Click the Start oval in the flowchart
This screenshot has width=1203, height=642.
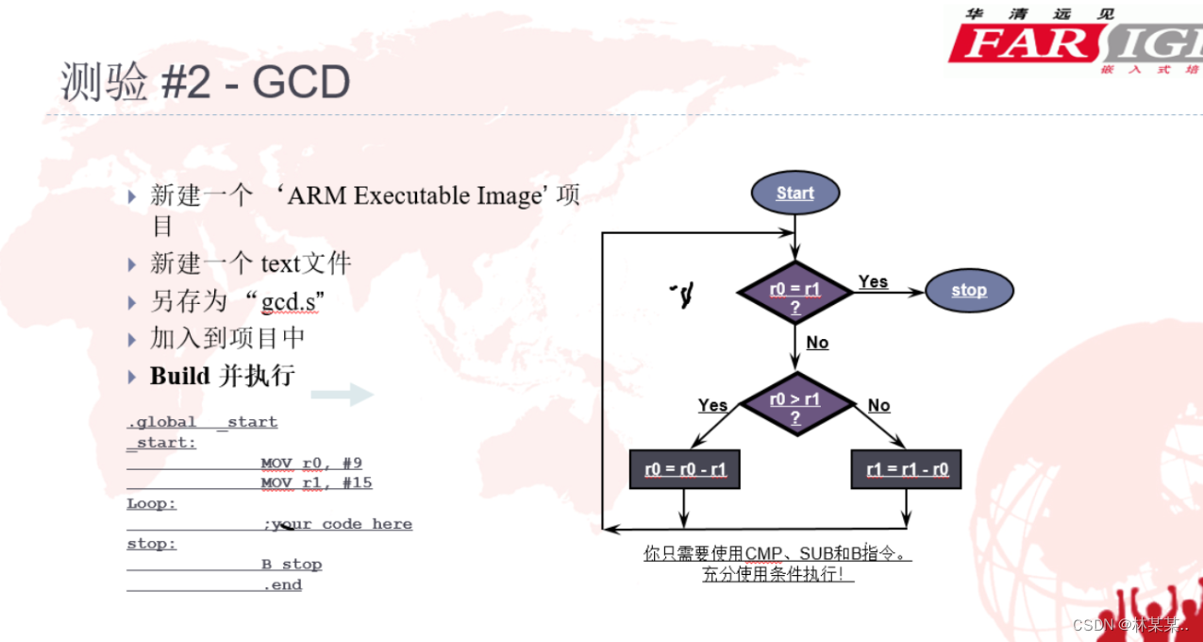(x=794, y=193)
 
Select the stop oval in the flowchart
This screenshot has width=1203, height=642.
(x=968, y=290)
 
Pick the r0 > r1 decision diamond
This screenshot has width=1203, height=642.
(x=795, y=407)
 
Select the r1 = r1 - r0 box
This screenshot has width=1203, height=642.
(x=906, y=468)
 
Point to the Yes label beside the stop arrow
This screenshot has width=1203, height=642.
(x=873, y=281)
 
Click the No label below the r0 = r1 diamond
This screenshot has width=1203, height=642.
(x=817, y=342)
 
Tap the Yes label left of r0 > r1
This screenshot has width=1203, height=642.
(x=712, y=405)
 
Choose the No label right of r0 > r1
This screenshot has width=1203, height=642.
(x=878, y=405)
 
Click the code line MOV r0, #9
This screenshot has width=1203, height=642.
(x=311, y=464)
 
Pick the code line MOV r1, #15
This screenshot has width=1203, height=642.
(x=316, y=483)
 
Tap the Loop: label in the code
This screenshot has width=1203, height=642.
(x=152, y=504)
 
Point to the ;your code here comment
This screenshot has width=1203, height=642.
(x=338, y=524)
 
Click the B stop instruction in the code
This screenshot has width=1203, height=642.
(x=292, y=565)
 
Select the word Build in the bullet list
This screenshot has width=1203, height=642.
(x=179, y=376)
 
